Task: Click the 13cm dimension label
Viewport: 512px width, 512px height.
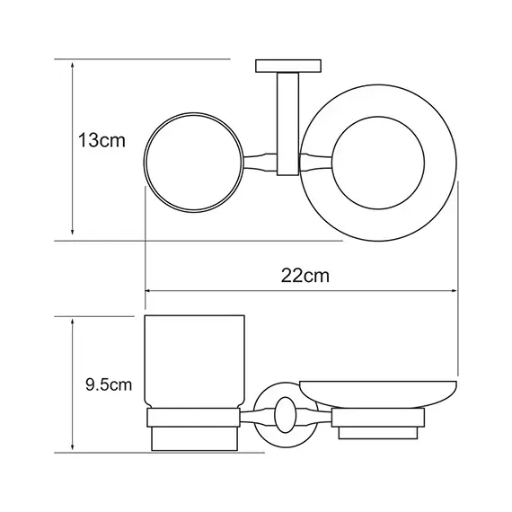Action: click(98, 141)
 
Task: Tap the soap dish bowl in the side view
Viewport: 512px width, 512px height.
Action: click(379, 393)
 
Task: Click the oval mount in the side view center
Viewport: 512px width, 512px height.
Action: click(287, 414)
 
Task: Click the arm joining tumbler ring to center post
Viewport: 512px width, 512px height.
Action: click(260, 161)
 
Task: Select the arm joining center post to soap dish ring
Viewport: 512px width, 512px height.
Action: click(314, 161)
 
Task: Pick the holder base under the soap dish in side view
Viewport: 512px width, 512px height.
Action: click(378, 423)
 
